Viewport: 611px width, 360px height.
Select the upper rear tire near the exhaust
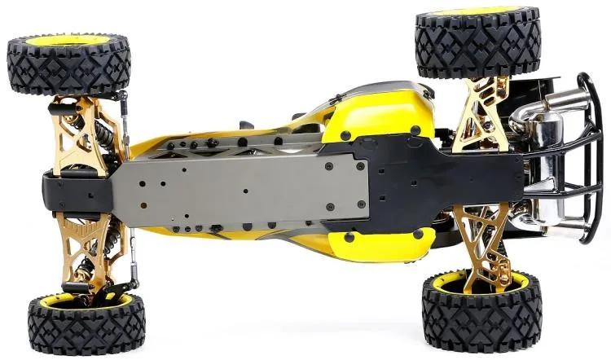[x=477, y=45]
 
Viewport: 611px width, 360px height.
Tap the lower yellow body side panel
[x=375, y=245]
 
